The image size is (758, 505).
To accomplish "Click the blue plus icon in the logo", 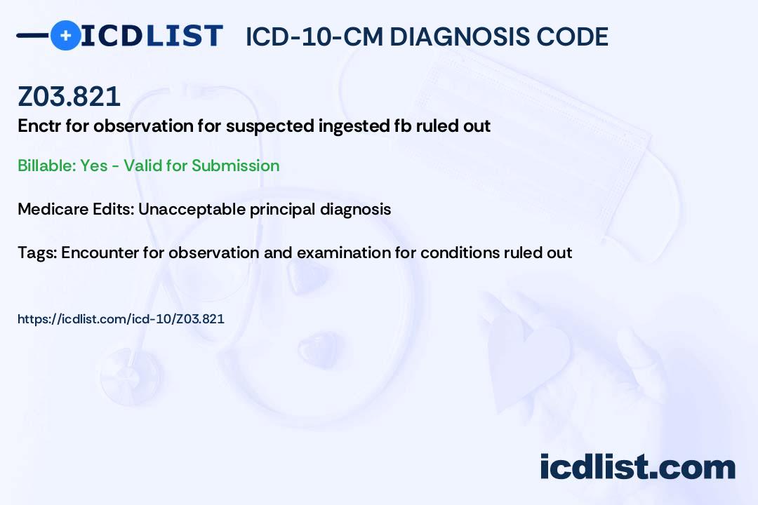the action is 65,35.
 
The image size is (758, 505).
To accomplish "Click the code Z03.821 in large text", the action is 69,96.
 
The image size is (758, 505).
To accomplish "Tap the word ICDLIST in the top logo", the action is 152,36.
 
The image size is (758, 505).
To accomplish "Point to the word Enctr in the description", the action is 39,126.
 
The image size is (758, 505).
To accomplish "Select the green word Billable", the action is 46,166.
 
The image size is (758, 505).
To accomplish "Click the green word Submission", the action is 235,166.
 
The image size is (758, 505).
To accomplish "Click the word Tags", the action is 36,252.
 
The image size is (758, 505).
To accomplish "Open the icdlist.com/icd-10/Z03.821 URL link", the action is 121,319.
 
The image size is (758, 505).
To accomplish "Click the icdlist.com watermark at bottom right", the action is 637,467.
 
